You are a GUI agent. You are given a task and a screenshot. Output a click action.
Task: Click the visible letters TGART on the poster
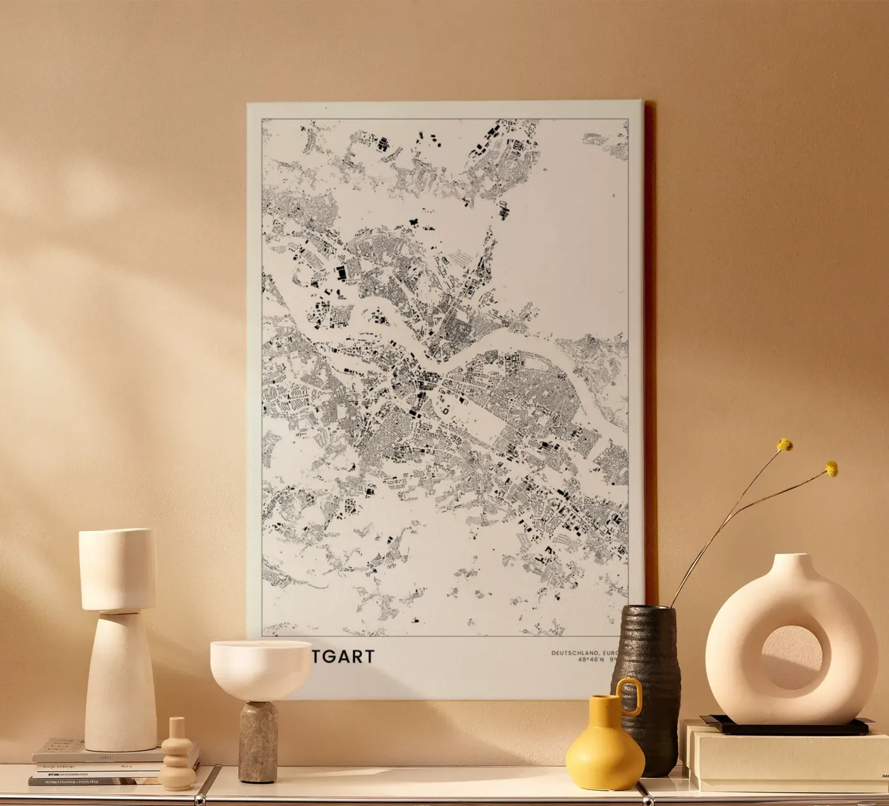pyautogui.click(x=342, y=656)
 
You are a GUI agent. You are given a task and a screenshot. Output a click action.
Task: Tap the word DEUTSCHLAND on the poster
pyautogui.click(x=573, y=653)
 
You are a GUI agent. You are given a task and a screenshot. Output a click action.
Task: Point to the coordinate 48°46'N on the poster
pyautogui.click(x=590, y=660)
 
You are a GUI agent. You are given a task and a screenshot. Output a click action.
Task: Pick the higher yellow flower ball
pyautogui.click(x=785, y=445)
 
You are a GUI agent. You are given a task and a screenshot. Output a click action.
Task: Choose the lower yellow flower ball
pyautogui.click(x=831, y=469)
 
